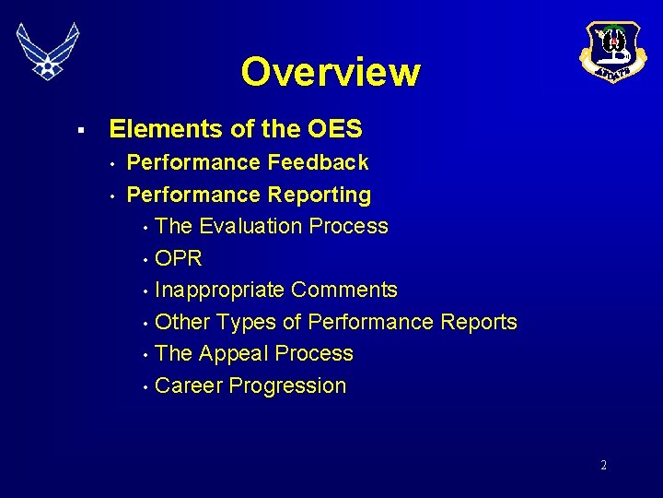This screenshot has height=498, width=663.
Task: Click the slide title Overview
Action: (x=331, y=72)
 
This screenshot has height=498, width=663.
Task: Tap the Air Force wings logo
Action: (x=48, y=51)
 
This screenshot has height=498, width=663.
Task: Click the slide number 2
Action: (x=603, y=466)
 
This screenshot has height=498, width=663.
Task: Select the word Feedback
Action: (x=318, y=163)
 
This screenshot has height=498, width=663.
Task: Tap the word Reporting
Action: (x=320, y=196)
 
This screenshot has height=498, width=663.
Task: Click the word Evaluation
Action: (x=250, y=227)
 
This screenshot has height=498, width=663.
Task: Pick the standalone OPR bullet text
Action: (x=179, y=258)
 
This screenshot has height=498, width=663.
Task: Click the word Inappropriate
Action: (x=219, y=290)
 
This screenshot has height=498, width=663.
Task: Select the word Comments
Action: (x=344, y=290)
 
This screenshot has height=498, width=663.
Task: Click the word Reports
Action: (x=479, y=323)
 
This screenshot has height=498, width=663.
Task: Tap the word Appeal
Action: (x=235, y=354)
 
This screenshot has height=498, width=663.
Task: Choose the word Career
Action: (x=189, y=386)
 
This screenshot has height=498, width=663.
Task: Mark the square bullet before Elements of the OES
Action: (x=82, y=130)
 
